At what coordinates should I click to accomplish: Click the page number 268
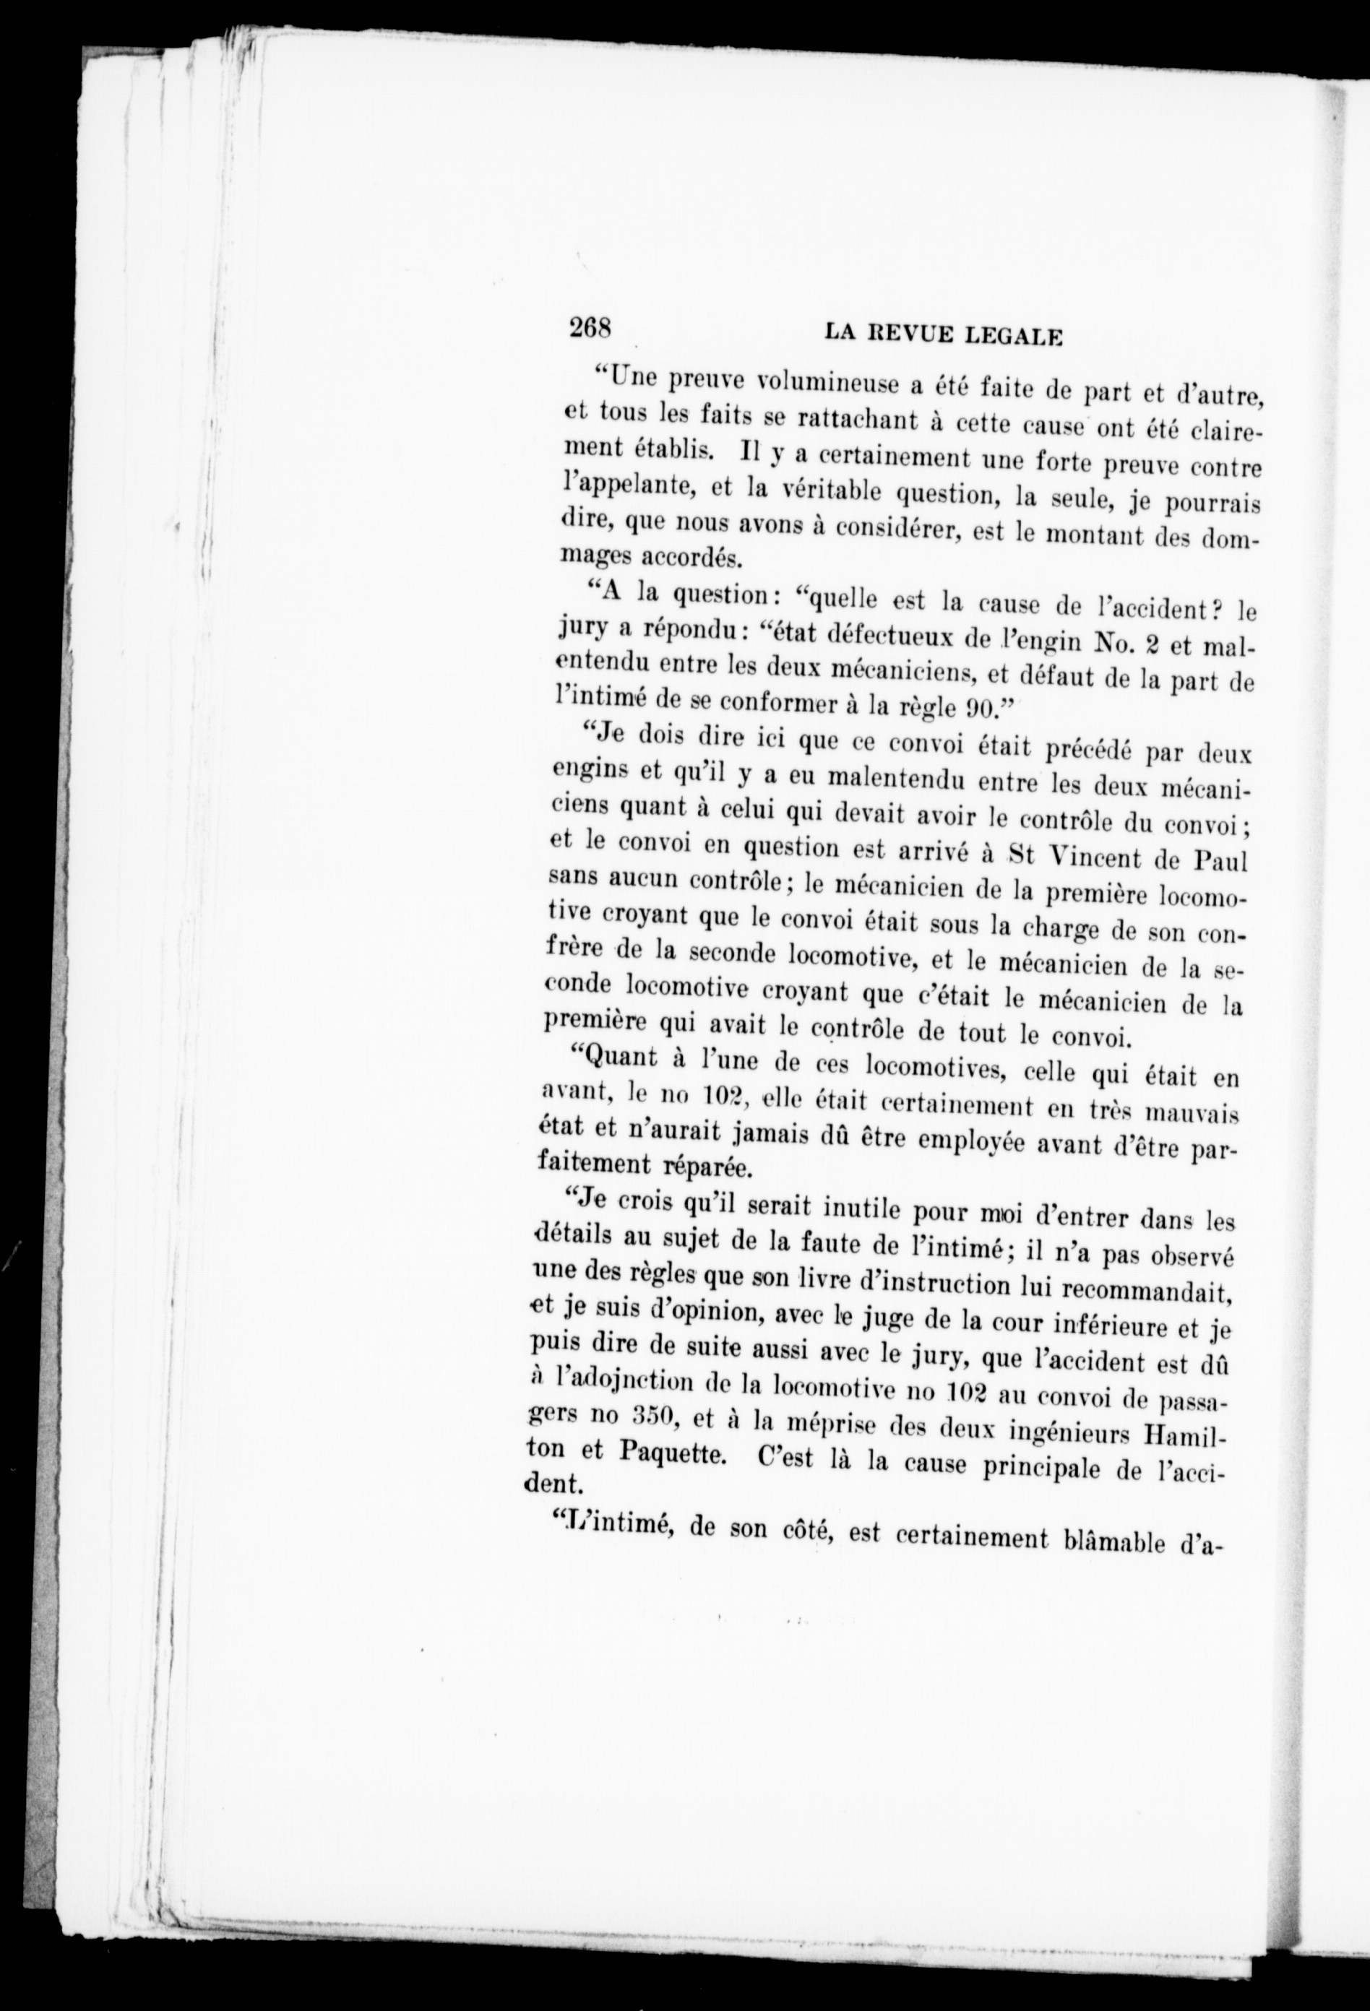point(590,328)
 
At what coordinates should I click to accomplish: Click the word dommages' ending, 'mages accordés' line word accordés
point(686,556)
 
